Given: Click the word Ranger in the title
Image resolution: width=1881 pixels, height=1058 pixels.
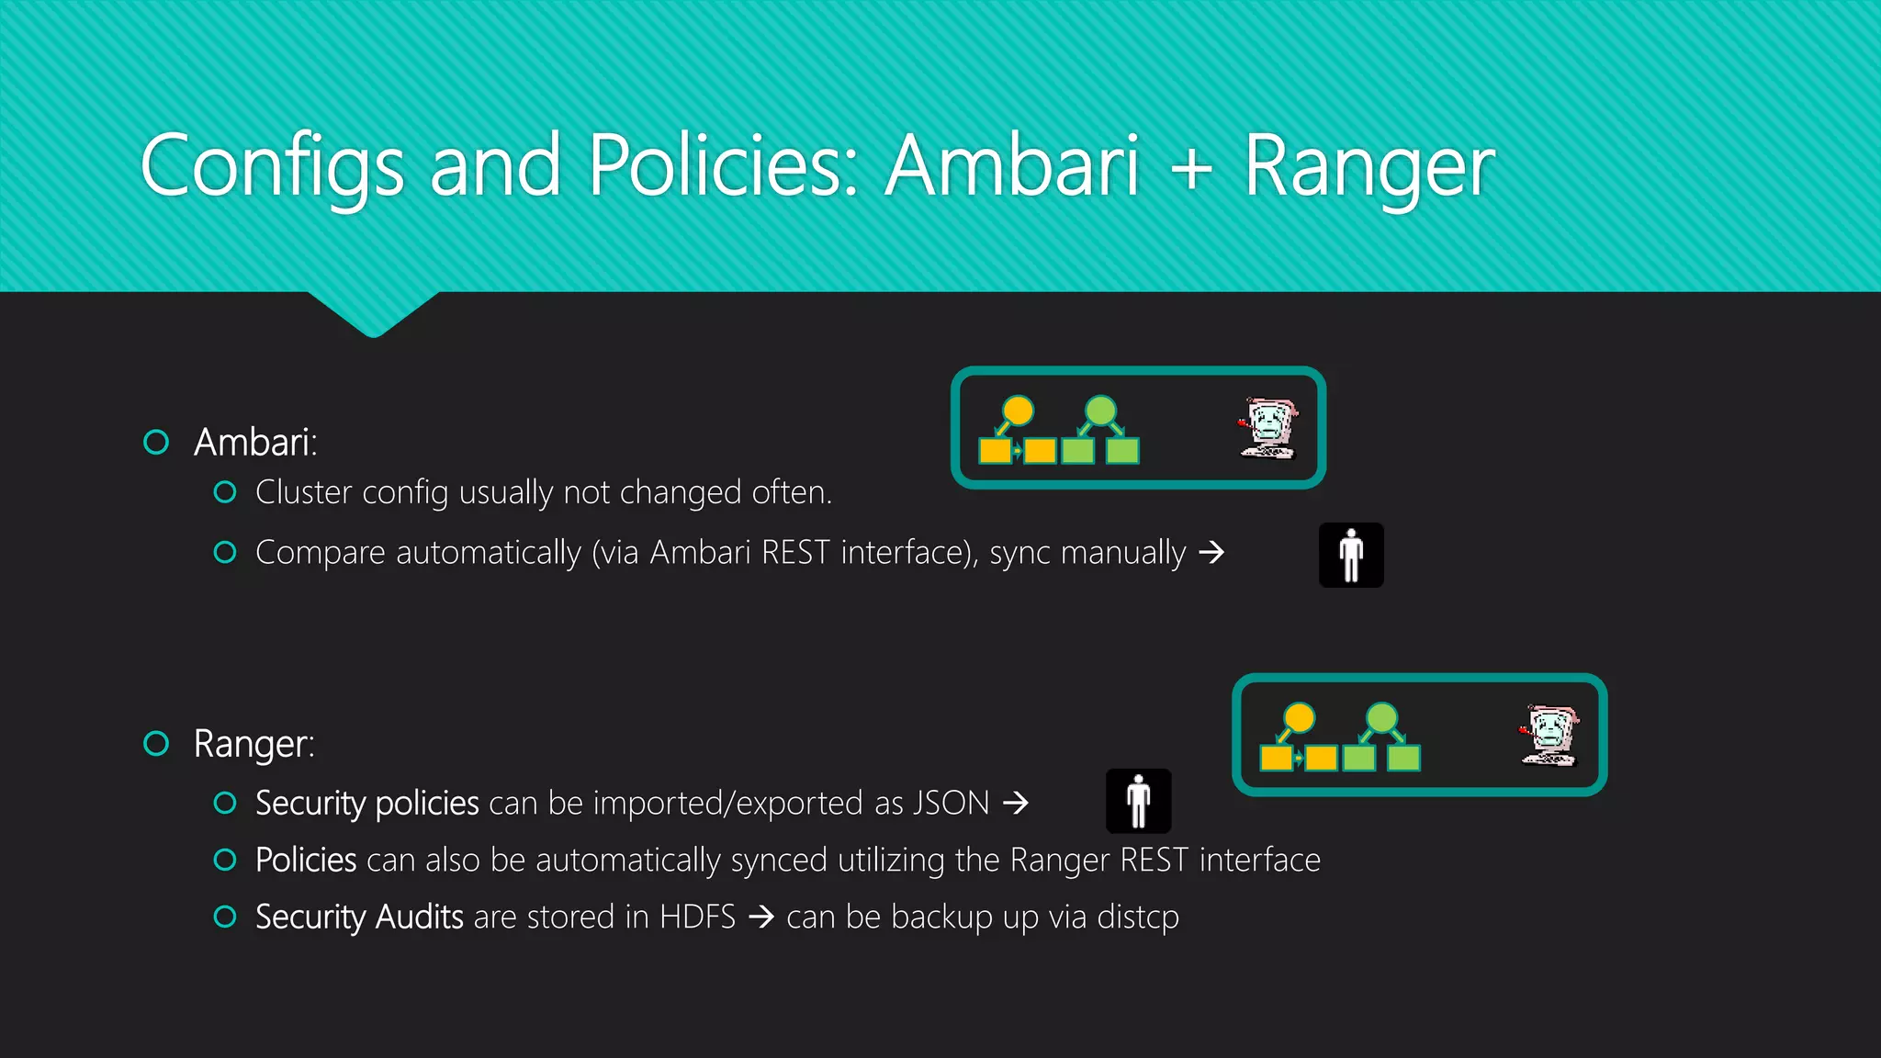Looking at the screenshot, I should coord(1369,167).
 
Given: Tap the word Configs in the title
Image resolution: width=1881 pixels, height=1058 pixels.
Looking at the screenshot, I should coord(272,167).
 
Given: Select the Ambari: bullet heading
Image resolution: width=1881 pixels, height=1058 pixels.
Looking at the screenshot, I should coord(255,443).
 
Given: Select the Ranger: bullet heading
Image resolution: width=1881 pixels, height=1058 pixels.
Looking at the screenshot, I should coord(254,744).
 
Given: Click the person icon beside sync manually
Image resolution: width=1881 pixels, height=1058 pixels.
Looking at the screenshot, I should coord(1351,555).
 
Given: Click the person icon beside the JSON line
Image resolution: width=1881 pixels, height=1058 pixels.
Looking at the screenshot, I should coord(1138,801).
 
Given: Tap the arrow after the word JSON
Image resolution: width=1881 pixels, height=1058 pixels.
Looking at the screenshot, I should coord(1016,804).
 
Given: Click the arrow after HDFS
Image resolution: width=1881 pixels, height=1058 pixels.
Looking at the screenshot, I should coord(761,917).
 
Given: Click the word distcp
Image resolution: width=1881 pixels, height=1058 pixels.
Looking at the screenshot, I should coord(1138,917).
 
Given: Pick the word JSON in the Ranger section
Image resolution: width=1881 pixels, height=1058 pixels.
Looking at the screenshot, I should coord(952,804).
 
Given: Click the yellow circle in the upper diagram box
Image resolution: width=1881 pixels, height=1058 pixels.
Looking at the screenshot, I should coord(1018,411).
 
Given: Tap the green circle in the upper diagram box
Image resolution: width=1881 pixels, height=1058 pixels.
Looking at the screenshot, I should coord(1100,411).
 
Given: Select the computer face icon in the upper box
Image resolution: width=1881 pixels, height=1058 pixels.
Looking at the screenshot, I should coord(1268,427).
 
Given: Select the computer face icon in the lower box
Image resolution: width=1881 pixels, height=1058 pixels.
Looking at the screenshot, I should coord(1549,735).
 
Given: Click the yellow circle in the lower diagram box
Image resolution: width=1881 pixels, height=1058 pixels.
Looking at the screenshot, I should coord(1300,717).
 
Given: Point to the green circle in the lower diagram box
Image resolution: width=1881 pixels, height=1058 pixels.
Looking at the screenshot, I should coord(1381,717).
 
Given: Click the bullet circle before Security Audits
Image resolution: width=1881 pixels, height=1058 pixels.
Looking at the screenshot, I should coord(225,917).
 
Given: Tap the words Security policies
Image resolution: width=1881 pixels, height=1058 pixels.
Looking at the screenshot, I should coord(367,804).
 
